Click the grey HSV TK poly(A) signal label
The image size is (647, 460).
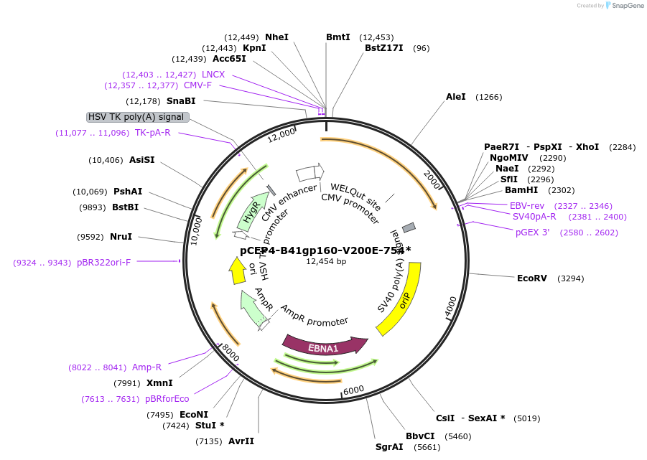[137, 117]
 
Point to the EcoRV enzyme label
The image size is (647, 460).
[532, 278]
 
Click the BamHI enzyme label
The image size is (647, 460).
[521, 190]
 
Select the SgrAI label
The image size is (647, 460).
[389, 447]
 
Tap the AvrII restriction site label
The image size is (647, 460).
[241, 441]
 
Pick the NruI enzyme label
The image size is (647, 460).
[121, 236]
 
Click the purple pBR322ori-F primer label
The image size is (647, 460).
[104, 263]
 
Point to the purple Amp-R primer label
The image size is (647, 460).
[146, 367]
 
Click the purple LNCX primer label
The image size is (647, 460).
[213, 75]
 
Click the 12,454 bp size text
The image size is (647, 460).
[326, 262]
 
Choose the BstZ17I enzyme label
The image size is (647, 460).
[384, 48]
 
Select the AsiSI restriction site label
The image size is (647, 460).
[141, 160]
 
